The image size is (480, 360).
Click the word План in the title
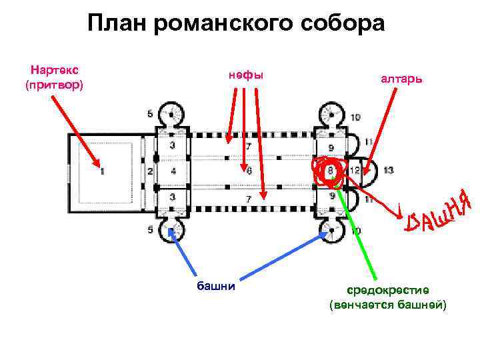[117, 24]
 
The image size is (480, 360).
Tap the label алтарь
[402, 79]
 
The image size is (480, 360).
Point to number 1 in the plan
[103, 172]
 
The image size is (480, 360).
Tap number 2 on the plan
[149, 172]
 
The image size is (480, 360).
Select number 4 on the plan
[173, 172]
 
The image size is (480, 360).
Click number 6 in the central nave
[249, 171]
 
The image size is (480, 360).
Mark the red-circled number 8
[331, 171]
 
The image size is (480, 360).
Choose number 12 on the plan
[355, 171]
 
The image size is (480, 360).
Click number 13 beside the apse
[389, 171]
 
